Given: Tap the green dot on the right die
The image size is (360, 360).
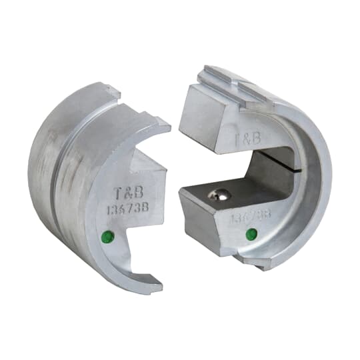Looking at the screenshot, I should [251, 234].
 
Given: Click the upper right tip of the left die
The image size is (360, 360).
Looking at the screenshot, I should [163, 125].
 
